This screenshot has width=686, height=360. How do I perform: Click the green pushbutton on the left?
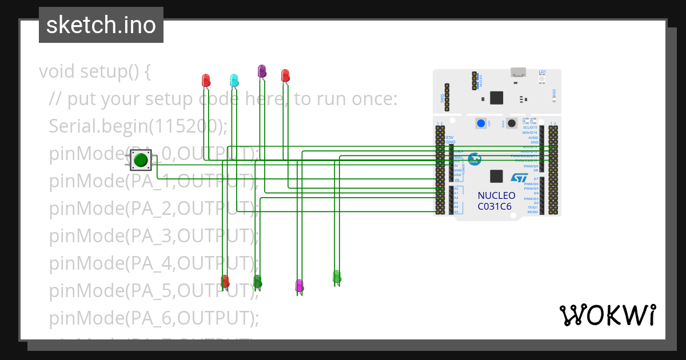pos(140,160)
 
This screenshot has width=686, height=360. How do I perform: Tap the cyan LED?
pos(234,79)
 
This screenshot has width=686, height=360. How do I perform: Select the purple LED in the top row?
pos(262,71)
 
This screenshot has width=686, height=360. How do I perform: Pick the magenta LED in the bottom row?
pos(298,285)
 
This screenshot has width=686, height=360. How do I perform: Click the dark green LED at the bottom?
pos(257,281)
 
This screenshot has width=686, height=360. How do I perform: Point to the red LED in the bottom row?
pos(225,281)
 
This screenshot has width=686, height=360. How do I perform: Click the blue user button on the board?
pos(481,123)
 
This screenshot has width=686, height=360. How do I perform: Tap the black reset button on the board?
pos(512,123)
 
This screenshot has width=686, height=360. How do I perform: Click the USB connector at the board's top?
pos(519,72)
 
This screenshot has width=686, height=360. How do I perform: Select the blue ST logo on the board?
pos(519,178)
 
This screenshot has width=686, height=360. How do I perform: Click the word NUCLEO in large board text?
pos(496,195)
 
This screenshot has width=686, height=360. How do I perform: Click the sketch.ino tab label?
pos(101,25)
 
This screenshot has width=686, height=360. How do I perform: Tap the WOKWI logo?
pos(607,315)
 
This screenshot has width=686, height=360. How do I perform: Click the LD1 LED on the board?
pos(542,76)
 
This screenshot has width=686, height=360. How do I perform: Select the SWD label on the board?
pos(442,98)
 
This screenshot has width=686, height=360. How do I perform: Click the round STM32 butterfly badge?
pos(474,159)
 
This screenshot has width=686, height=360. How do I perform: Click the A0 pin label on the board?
pos(456,189)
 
